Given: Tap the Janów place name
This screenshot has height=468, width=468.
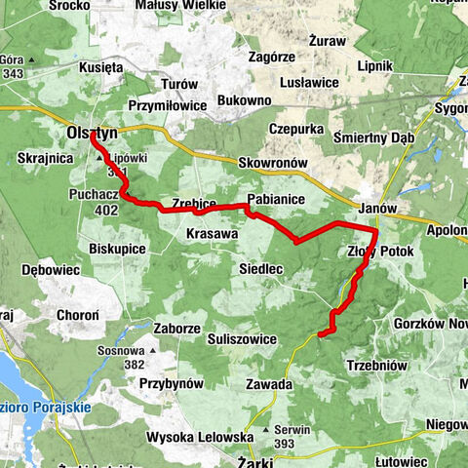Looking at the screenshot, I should [377, 209].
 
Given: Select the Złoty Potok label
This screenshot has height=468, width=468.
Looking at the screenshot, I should [380, 252].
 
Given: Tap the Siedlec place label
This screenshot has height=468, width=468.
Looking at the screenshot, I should [260, 267].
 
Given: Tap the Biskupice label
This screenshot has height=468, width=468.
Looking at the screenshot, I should [117, 250].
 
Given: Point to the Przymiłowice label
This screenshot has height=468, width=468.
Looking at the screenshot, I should [168, 105].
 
